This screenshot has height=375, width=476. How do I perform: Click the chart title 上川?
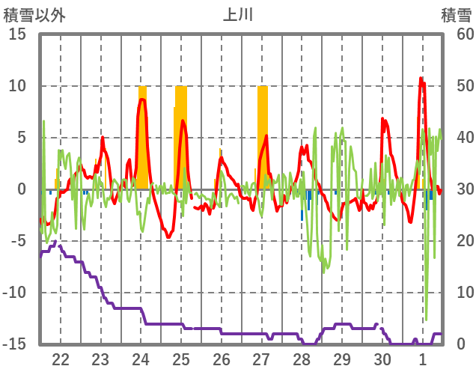click(x=237, y=14)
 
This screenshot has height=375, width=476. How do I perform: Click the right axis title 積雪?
click(x=456, y=14)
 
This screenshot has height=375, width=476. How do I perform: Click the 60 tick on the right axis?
click(x=457, y=34)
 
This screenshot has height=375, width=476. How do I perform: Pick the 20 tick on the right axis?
click(x=457, y=241)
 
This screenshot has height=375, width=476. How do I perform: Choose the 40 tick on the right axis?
click(x=457, y=138)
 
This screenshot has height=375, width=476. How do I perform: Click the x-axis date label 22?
click(x=61, y=359)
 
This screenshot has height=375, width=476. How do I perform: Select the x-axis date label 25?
click(x=181, y=359)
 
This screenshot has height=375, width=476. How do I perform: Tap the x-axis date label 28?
click(x=302, y=359)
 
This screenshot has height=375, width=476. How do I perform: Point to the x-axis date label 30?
click(x=382, y=359)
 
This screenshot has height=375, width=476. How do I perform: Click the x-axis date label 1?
click(x=424, y=359)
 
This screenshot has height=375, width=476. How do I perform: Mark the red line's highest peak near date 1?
click(x=421, y=78)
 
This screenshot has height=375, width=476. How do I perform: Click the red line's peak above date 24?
click(x=142, y=100)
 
